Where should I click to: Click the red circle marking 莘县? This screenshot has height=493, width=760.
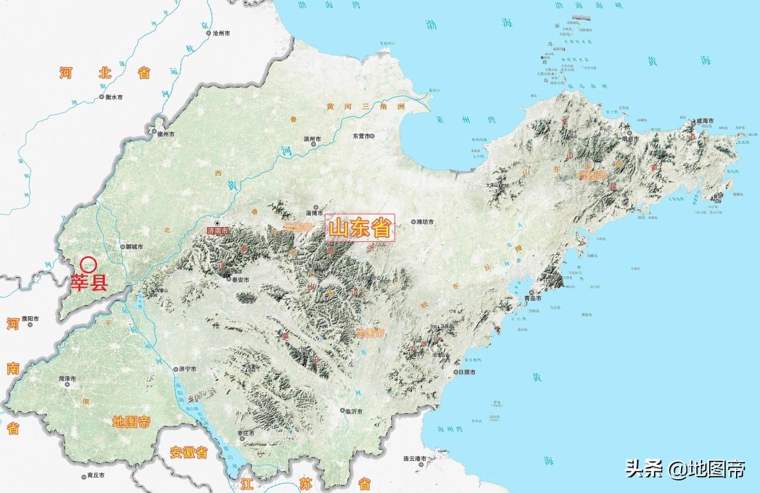[x=89, y=264]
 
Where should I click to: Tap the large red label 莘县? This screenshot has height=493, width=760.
[x=89, y=283]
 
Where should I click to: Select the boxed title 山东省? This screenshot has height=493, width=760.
[x=360, y=228]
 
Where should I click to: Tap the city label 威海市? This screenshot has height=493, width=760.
[x=704, y=121]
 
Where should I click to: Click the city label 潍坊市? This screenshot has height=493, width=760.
[x=425, y=222]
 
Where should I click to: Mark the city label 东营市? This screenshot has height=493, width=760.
[x=362, y=136]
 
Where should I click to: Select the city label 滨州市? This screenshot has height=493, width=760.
[x=312, y=139]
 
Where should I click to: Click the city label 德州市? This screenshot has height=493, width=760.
[x=165, y=134]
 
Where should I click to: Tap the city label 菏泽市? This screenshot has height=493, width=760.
[x=66, y=379]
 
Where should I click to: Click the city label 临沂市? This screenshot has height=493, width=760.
[x=355, y=412]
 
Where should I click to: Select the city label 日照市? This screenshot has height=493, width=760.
[x=466, y=372]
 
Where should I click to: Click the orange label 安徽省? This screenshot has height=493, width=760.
[x=188, y=452]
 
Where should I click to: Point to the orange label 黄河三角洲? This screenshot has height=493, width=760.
[x=365, y=107]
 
